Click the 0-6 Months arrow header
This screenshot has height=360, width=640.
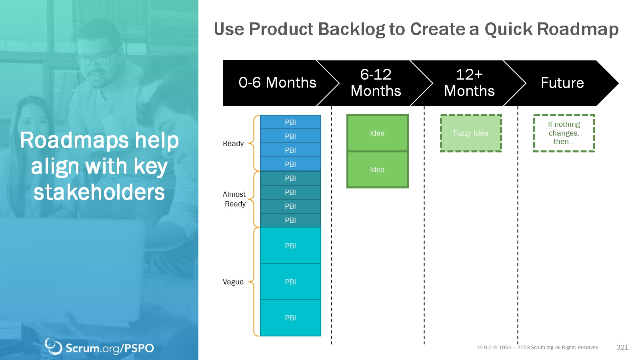(277, 83)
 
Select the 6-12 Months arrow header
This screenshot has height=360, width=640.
(376, 83)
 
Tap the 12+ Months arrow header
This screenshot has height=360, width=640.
(469, 83)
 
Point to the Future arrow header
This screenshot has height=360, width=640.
(562, 83)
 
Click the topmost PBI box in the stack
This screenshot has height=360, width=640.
(290, 122)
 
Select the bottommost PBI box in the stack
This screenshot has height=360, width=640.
(290, 318)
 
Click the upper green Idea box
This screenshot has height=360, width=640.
(378, 133)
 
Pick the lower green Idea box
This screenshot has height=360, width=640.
(378, 170)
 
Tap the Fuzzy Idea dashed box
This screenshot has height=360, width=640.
(471, 133)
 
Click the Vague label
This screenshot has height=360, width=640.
(233, 282)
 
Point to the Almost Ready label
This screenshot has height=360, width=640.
(234, 199)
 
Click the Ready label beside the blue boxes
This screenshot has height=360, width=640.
(233, 144)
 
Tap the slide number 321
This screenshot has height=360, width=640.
(622, 347)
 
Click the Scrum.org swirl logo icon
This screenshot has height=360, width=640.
(53, 346)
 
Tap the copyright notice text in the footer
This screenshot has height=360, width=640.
(538, 348)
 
